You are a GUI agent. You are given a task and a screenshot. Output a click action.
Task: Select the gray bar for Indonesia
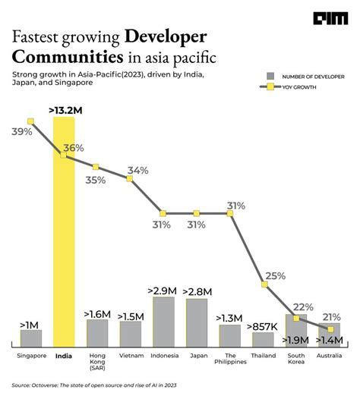pyautogui.click(x=163, y=322)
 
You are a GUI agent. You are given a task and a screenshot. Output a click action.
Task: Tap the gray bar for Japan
pyautogui.click(x=197, y=322)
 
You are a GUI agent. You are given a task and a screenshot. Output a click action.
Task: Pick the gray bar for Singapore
pyautogui.click(x=31, y=338)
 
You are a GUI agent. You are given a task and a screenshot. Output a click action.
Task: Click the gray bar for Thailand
pyautogui.click(x=263, y=341)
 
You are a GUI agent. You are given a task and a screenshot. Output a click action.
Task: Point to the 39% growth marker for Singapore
pyautogui.click(x=31, y=121)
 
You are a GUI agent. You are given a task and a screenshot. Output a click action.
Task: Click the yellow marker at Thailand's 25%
pyautogui.click(x=265, y=285)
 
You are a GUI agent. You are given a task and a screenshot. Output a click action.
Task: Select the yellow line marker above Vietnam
pyautogui.click(x=130, y=179)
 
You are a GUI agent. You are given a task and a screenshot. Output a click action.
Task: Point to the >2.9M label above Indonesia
pyautogui.click(x=163, y=290)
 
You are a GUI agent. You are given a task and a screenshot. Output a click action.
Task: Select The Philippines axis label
pyautogui.click(x=230, y=360)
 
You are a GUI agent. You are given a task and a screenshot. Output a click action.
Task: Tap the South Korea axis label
pyautogui.click(x=296, y=360)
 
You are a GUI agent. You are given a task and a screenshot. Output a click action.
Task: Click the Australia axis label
pyautogui.click(x=330, y=355)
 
